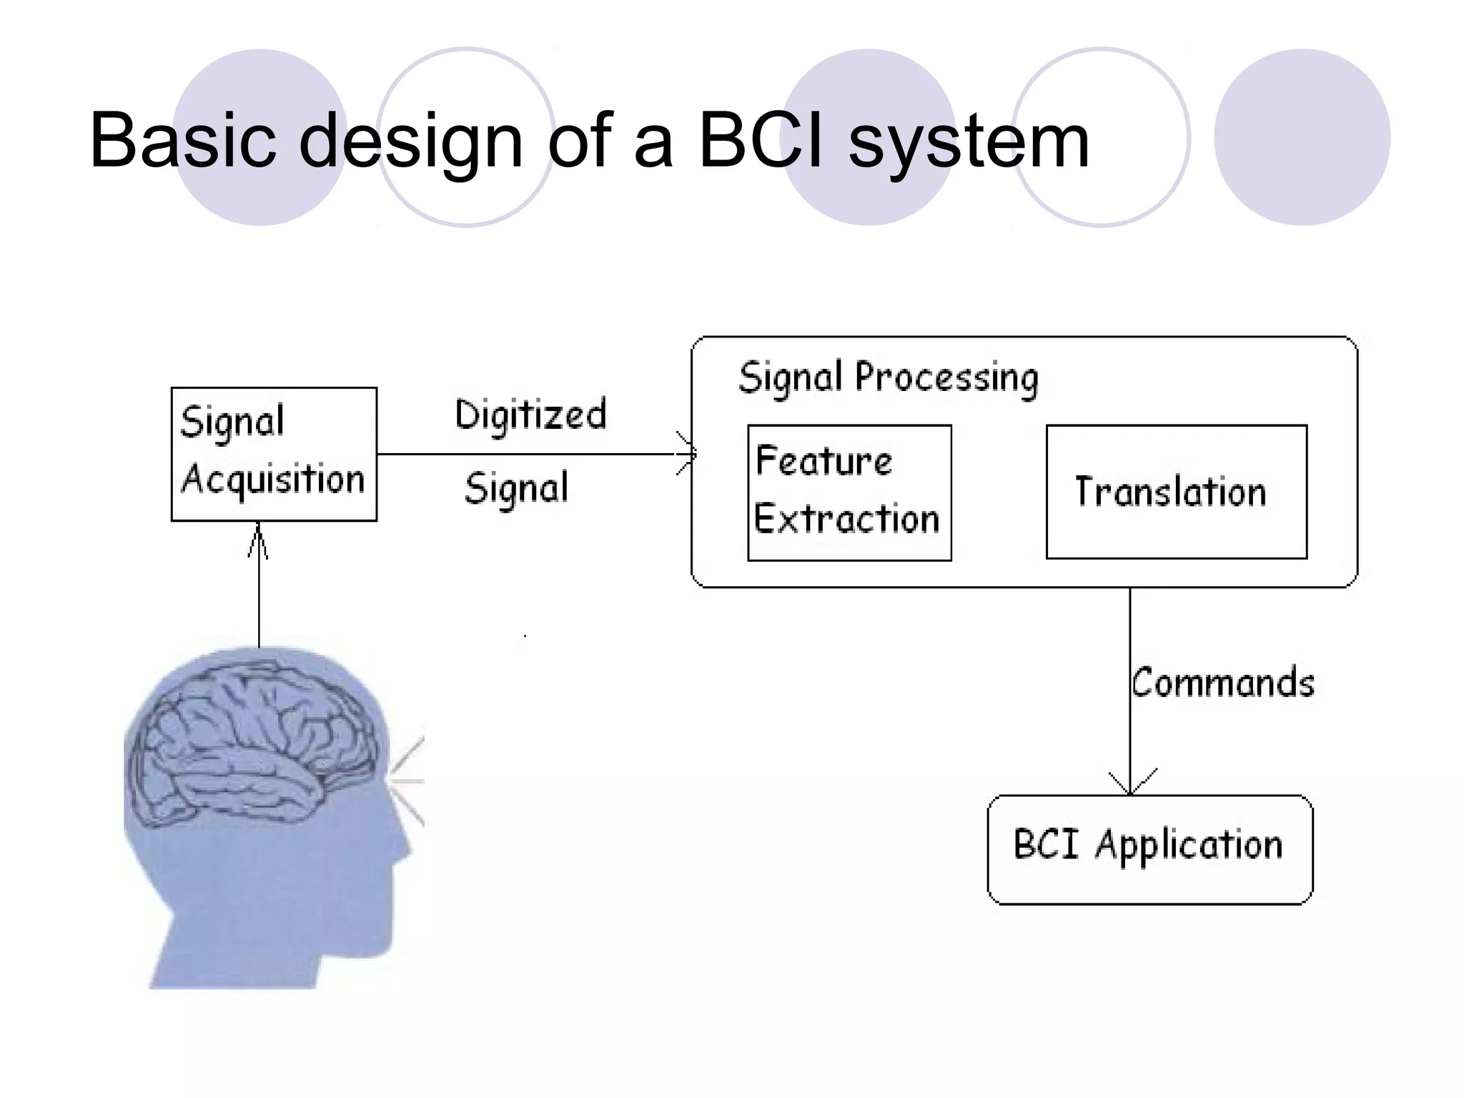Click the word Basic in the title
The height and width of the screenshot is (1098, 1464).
tap(182, 141)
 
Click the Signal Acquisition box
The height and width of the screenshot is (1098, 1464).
tap(274, 453)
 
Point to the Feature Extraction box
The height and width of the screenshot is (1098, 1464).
tap(849, 492)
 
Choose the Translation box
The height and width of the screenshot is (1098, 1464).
tap(1176, 492)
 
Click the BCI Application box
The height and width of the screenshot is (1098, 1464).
tap(1149, 849)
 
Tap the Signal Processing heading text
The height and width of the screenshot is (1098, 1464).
tap(888, 377)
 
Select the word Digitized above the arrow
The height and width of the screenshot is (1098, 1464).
tap(530, 415)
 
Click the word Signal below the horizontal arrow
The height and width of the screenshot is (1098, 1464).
tap(516, 489)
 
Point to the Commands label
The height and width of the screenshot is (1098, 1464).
tap(1222, 682)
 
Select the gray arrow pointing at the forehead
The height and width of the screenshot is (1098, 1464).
tap(407, 779)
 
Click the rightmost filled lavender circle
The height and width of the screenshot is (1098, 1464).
tap(1302, 137)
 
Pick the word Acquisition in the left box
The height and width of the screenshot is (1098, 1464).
tap(273, 479)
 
